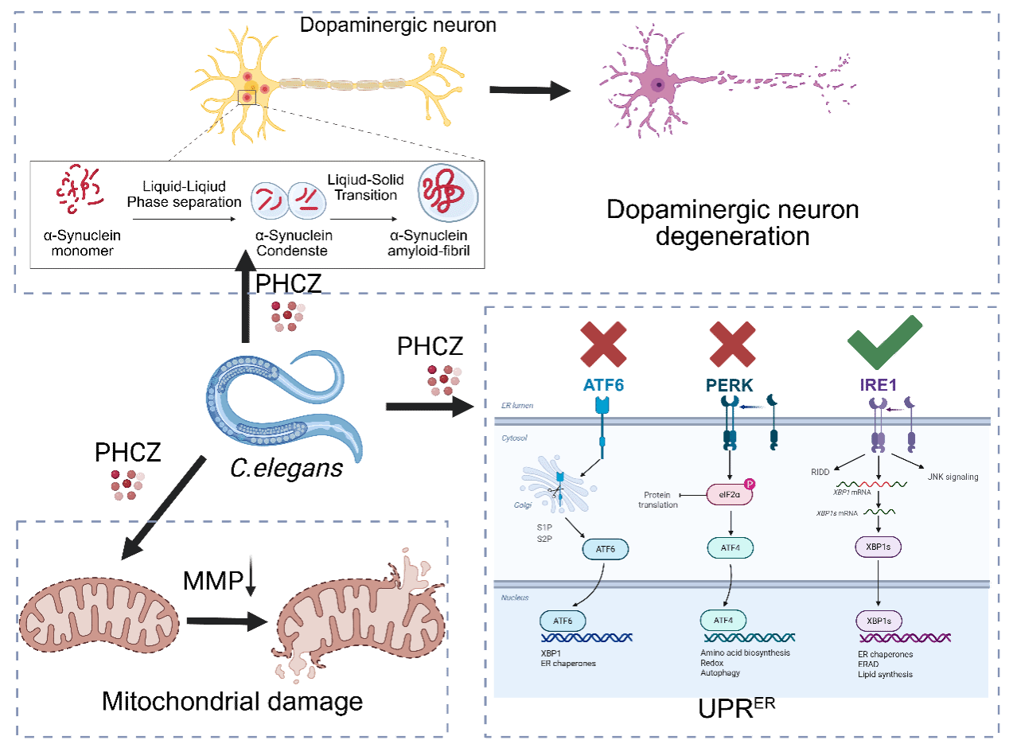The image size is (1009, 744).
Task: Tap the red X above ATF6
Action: [603, 343]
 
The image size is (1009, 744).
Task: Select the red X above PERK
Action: [732, 343]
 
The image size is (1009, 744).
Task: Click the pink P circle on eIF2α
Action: [749, 484]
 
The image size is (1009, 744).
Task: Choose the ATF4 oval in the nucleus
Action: [723, 620]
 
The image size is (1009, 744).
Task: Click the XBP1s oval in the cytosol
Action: [878, 547]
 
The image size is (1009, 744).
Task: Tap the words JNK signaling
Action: [953, 477]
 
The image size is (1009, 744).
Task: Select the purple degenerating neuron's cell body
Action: [657, 84]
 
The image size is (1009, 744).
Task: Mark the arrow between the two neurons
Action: [529, 90]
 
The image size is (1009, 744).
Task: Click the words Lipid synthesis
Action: [885, 674]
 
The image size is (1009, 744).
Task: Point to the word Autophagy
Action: [720, 672]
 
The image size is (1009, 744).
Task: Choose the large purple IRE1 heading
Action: [878, 385]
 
